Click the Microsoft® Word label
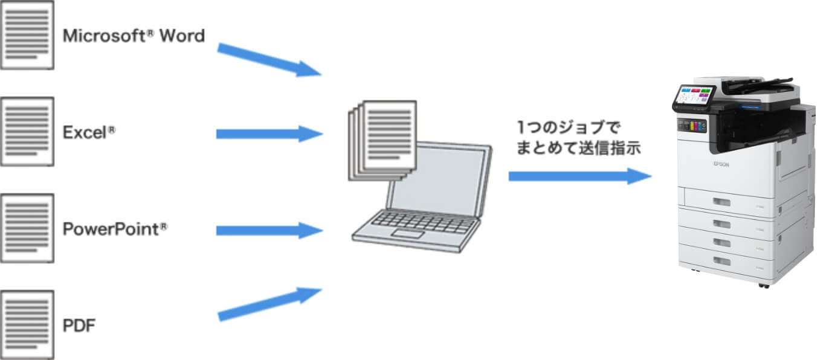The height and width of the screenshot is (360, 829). coord(134,36)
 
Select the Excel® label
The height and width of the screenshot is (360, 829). coord(89,133)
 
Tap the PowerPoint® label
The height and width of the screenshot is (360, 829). coord(115,230)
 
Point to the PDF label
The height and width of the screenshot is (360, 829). coord(79,326)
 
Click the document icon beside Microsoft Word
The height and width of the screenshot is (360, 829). coord(27,34)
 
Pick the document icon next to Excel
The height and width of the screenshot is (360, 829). coord(27,131)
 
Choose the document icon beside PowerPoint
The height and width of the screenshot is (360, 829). coord(27,228)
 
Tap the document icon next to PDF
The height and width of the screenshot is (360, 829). coord(27,324)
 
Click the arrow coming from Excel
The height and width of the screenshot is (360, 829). coord(269,133)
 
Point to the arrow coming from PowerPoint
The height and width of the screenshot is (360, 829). coord(269,230)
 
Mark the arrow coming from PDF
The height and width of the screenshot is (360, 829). coord(269,304)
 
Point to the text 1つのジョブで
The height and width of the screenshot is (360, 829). coord(568,127)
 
